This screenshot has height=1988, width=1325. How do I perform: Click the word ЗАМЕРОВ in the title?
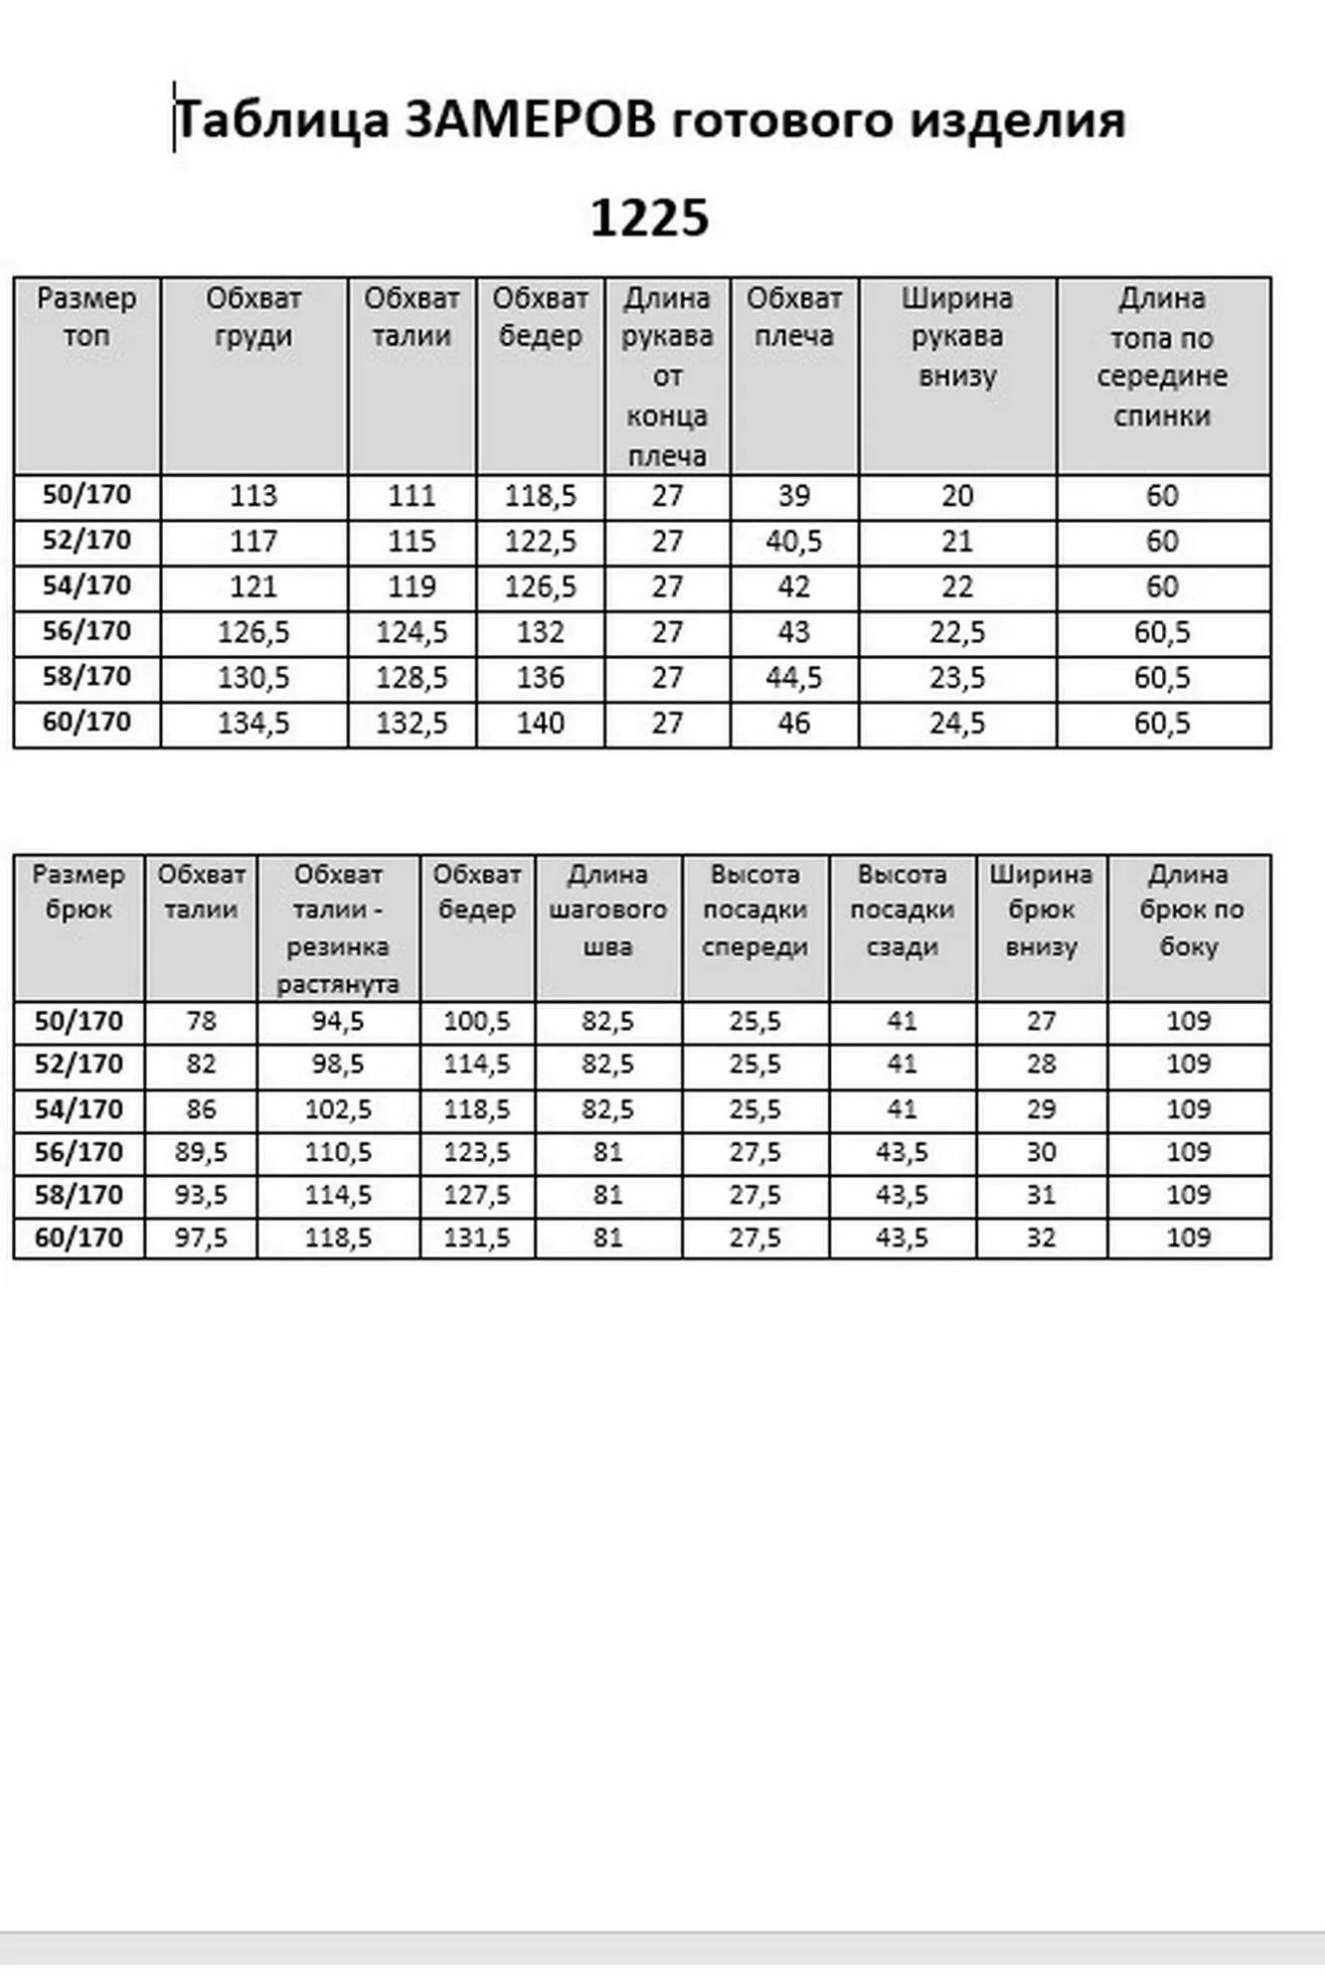click(530, 121)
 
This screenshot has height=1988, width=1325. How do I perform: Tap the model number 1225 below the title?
click(649, 218)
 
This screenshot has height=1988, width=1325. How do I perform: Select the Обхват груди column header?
click(253, 316)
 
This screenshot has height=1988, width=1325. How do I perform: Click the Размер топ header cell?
click(86, 316)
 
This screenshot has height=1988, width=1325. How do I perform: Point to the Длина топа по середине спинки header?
click(1162, 356)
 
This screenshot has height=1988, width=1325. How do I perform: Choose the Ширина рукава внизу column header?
click(957, 336)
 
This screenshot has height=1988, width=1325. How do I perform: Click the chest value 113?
click(253, 495)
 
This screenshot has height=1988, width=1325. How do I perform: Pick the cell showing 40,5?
click(793, 541)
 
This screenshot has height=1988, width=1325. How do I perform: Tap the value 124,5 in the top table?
click(412, 632)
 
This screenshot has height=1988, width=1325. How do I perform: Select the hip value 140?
click(540, 723)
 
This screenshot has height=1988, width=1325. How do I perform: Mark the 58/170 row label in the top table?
click(86, 677)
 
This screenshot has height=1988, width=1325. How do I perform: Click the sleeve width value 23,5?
click(957, 678)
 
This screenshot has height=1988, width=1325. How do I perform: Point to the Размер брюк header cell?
click(79, 892)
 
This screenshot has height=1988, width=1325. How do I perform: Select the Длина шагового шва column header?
click(607, 910)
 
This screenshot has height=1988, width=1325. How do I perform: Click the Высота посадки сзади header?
click(902, 910)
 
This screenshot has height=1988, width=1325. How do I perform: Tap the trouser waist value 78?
click(201, 1021)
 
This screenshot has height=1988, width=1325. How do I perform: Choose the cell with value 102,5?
click(338, 1108)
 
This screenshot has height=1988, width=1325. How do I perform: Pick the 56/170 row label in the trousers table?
click(79, 1152)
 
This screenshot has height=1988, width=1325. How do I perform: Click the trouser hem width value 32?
click(1041, 1238)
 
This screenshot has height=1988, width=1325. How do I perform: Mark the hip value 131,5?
click(477, 1238)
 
